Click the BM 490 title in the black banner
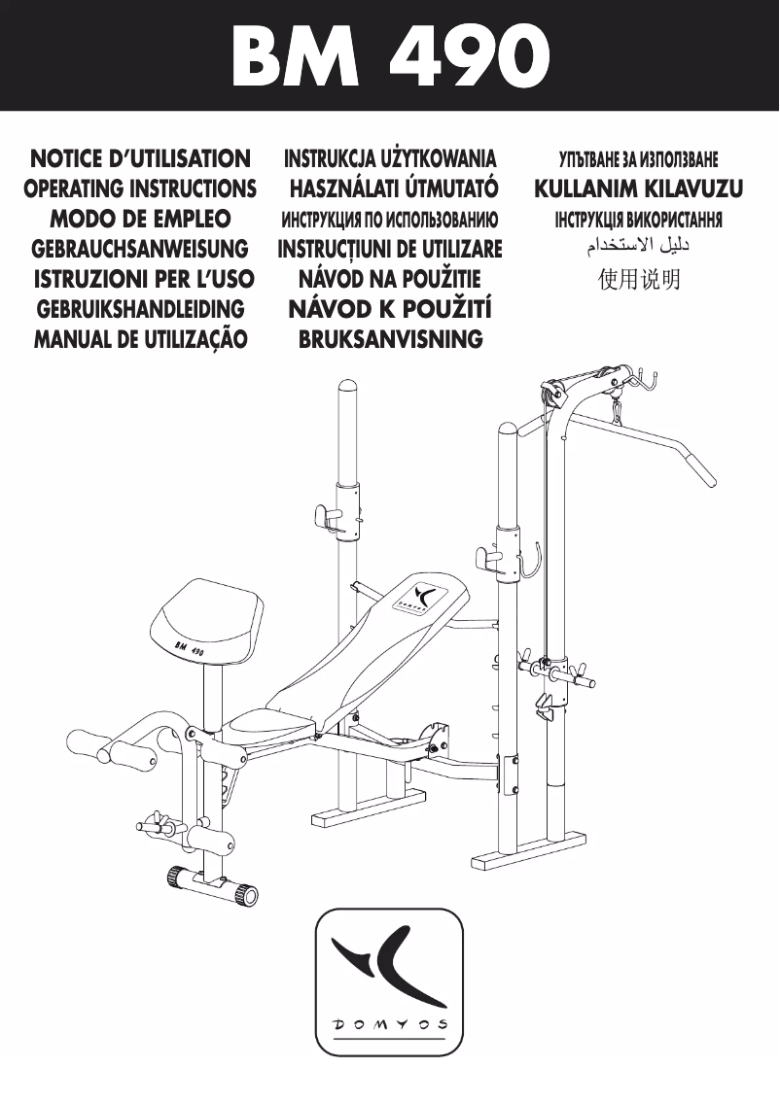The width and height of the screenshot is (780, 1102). [x=389, y=55]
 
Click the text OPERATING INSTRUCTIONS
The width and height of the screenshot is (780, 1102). [x=139, y=188]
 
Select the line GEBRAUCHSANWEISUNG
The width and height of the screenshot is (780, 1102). [x=139, y=249]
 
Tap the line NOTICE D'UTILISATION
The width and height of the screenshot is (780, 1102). [x=139, y=157]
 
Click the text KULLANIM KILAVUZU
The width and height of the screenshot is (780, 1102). [x=639, y=188]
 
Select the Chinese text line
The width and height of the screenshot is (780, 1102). [x=639, y=281]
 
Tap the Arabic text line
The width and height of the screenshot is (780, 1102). [x=639, y=249]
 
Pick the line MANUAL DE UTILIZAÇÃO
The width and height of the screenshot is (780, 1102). [x=139, y=339]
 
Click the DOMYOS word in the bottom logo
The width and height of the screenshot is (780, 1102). [x=390, y=1024]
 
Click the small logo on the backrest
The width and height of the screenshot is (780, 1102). [x=421, y=595]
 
